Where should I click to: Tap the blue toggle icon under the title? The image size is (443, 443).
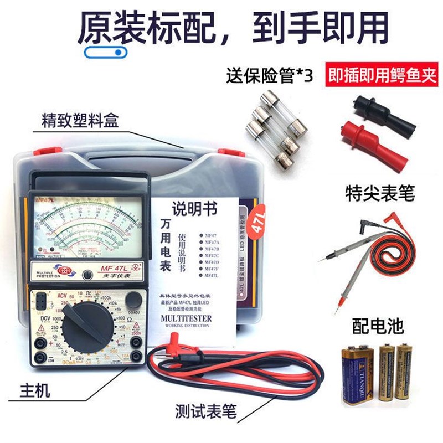click(x=106, y=53)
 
